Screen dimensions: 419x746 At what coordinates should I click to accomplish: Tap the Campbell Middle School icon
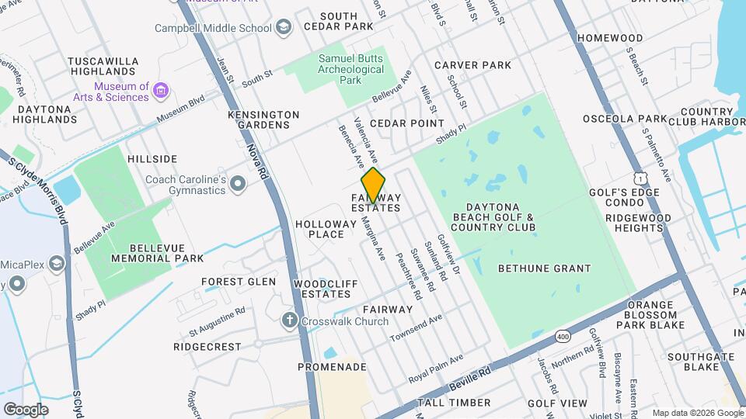pos(284,28)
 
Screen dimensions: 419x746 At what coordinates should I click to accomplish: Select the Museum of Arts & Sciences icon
pos(161,92)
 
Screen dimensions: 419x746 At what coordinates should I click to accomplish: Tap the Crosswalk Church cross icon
pos(290,320)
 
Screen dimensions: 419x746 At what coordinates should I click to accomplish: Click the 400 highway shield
pos(562,335)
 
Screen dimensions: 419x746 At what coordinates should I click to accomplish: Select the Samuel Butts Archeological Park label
pos(352,69)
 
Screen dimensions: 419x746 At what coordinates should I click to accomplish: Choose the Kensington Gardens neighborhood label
pos(263,119)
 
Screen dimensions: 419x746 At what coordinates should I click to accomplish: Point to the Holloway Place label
pos(320,229)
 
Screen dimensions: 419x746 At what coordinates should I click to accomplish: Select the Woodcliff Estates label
pos(326,289)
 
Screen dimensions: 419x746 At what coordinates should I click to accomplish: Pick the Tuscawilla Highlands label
pos(103,66)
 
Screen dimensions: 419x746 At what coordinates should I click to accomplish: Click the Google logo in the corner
pos(26,408)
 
